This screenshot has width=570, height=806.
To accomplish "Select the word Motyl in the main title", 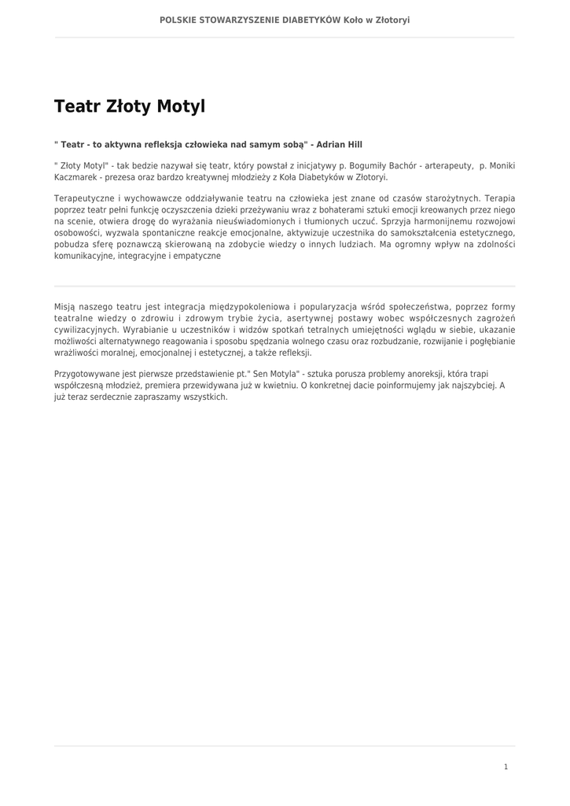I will [x=180, y=106].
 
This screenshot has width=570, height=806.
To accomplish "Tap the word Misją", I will [x=65, y=307].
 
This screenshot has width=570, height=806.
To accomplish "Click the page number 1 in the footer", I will [x=506, y=767].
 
